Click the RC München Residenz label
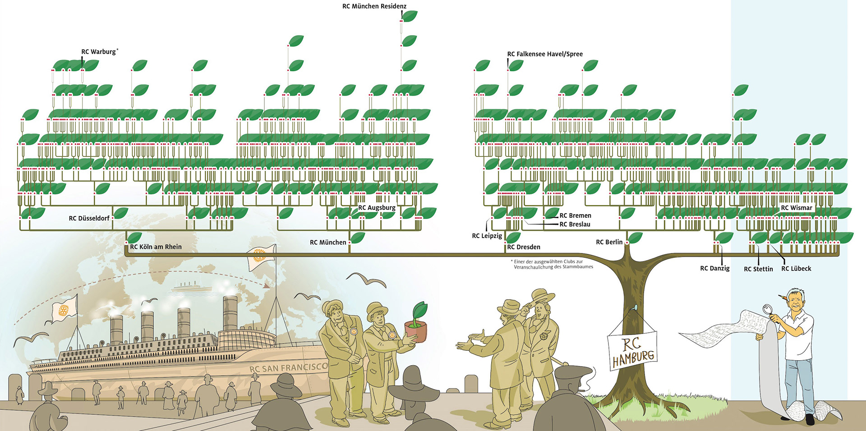(x=374, y=6)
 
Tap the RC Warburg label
(x=99, y=52)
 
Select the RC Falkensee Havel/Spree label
(x=544, y=54)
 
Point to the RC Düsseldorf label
(x=89, y=218)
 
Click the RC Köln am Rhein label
(x=156, y=247)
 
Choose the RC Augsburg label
(x=377, y=208)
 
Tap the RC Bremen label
(x=575, y=215)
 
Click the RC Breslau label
(x=575, y=224)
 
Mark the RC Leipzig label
(x=487, y=236)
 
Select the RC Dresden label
(x=523, y=247)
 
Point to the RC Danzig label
(x=714, y=268)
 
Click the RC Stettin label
(x=758, y=269)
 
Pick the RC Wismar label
(x=796, y=208)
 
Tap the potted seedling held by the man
(x=417, y=322)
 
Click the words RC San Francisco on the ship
(x=288, y=367)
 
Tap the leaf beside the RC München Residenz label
(x=410, y=16)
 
